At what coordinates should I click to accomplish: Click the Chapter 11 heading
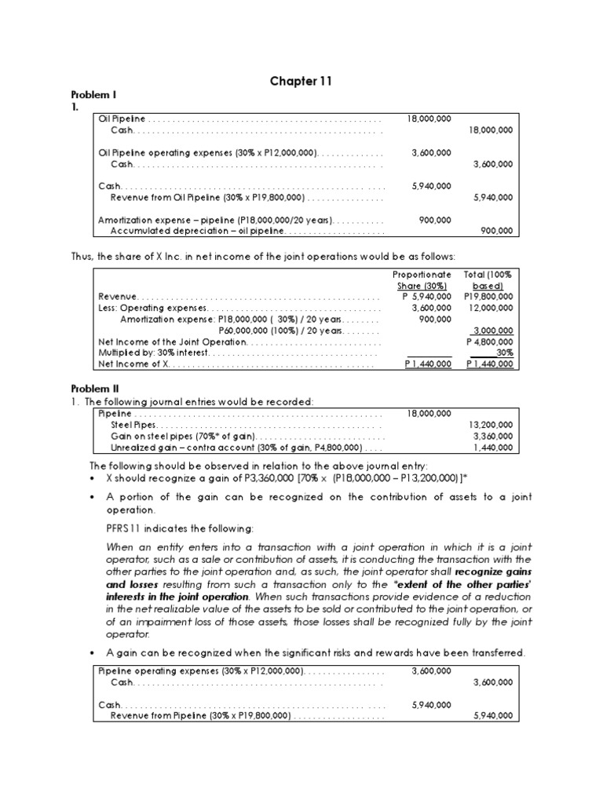tap(301, 82)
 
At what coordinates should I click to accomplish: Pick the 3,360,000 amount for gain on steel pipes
tap(495, 436)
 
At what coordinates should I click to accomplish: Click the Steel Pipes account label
tap(133, 425)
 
